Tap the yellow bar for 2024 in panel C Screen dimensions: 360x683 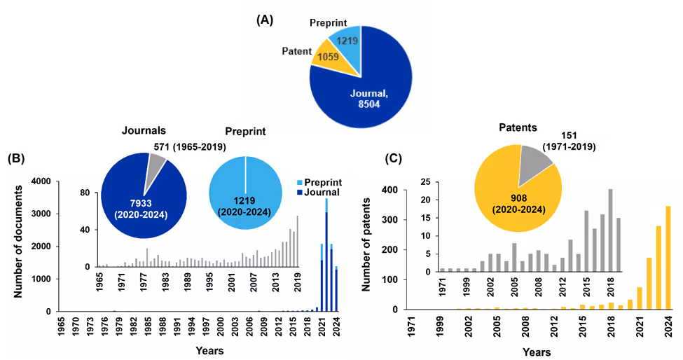pyautogui.click(x=668, y=258)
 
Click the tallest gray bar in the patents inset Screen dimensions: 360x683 pyautogui.click(x=610, y=230)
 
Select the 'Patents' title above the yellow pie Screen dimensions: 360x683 pyautogui.click(x=518, y=128)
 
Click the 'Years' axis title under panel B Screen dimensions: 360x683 pyautogui.click(x=191, y=349)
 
